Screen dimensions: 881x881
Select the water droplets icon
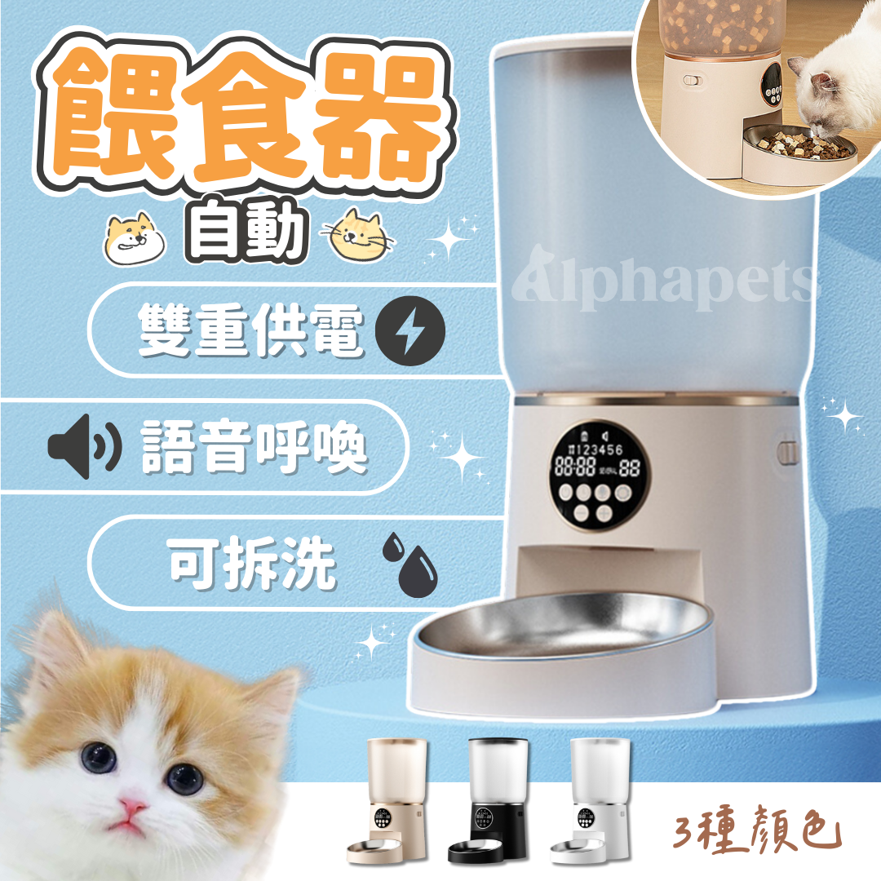pos(410,562)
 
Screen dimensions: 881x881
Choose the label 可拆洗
pos(253,562)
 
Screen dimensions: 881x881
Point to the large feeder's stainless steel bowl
pos(563,625)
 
